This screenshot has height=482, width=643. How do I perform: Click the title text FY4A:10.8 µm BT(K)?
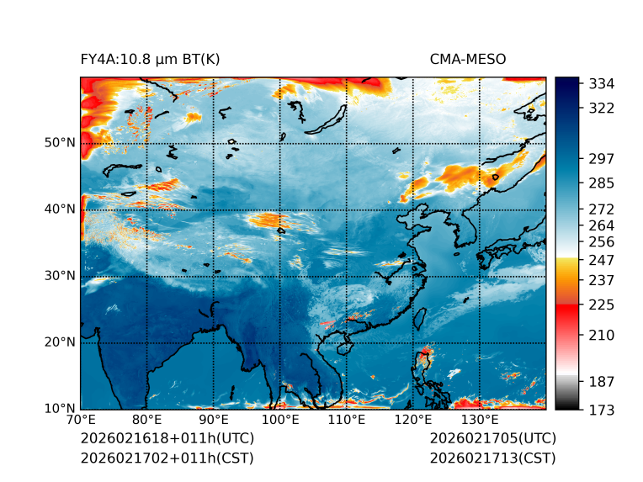click(x=151, y=59)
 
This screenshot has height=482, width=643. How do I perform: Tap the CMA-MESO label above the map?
click(x=468, y=59)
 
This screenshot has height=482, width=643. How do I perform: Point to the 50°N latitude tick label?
click(x=60, y=143)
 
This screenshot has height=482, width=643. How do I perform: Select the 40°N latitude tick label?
click(x=60, y=209)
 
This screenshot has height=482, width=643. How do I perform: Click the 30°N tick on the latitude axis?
click(x=60, y=276)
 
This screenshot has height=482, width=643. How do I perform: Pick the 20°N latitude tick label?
click(x=60, y=342)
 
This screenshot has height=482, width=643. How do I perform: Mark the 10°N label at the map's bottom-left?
click(x=60, y=409)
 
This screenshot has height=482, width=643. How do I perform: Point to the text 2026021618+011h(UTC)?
click(x=167, y=438)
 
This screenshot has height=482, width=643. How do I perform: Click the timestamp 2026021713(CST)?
click(x=492, y=458)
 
